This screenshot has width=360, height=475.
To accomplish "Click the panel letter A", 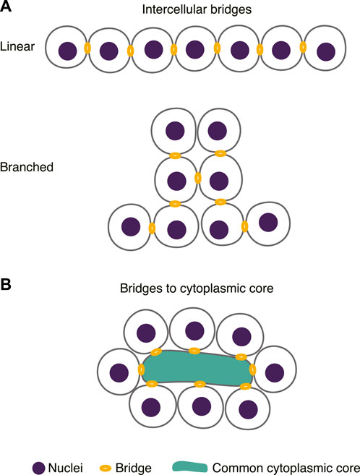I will (8, 8).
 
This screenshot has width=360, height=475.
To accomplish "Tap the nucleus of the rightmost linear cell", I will (325, 51).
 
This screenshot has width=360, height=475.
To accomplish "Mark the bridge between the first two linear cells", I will (87, 49).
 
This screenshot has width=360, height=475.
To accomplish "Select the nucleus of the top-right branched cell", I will (216, 130).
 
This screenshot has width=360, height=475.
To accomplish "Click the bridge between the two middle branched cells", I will (197, 178).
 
